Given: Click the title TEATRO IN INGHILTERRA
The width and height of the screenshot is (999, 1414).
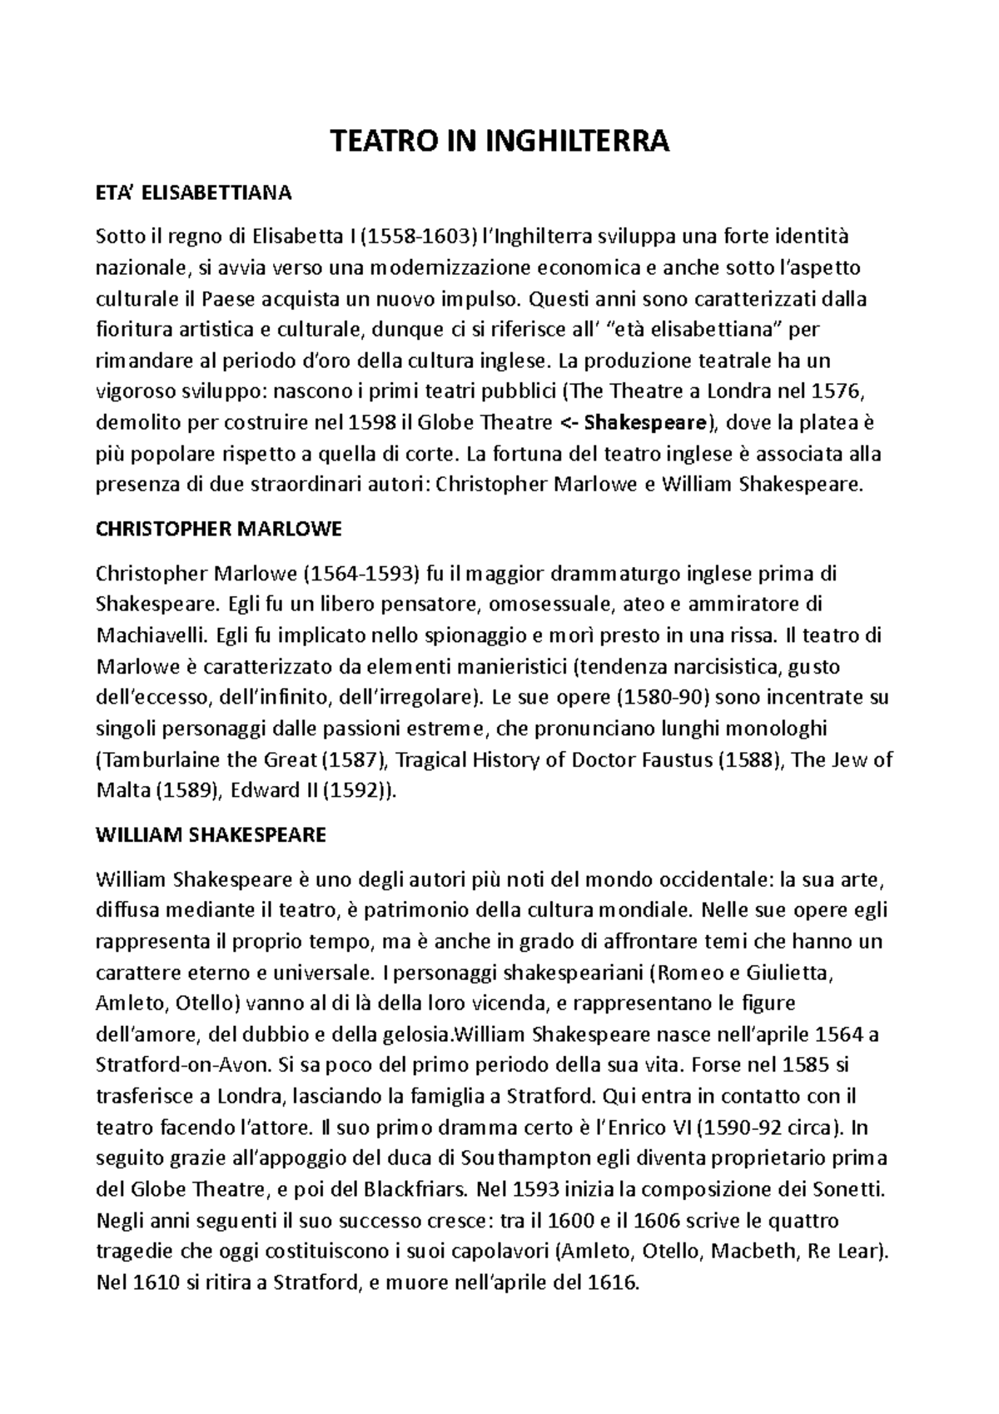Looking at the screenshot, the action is pyautogui.click(x=500, y=142).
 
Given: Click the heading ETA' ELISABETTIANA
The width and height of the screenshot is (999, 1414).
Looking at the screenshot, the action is pyautogui.click(x=194, y=194).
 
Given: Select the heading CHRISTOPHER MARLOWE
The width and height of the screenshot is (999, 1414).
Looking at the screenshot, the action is pyautogui.click(x=219, y=530).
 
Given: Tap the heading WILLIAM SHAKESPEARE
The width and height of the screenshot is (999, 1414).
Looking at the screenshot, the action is pyautogui.click(x=211, y=834).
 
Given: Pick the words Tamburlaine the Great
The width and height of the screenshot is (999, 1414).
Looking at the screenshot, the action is pyautogui.click(x=210, y=759).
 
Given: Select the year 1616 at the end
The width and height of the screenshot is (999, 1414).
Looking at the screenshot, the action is pyautogui.click(x=613, y=1282).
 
